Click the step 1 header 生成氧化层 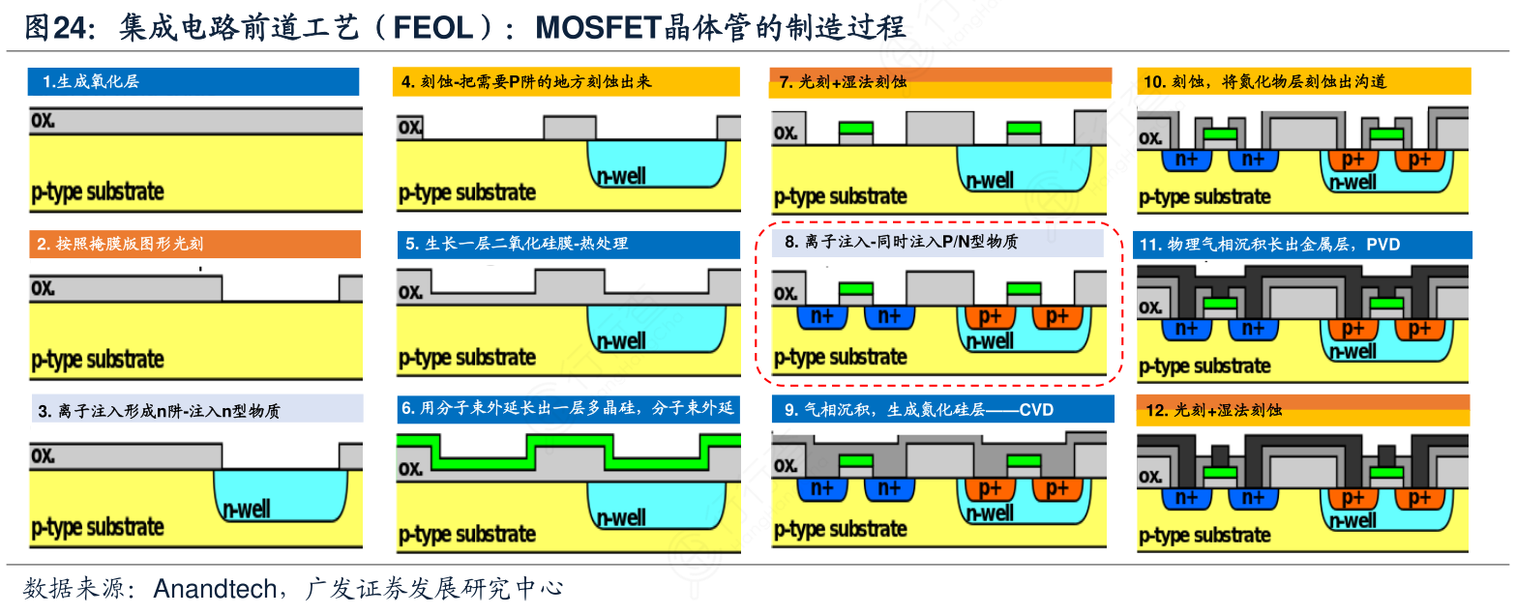click(x=92, y=82)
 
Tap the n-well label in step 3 click(x=247, y=509)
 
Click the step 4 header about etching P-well click(x=527, y=82)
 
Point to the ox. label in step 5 click(x=411, y=291)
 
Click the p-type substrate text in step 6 click(x=467, y=534)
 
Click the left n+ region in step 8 click(x=822, y=317)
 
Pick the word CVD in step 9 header click(x=1036, y=410)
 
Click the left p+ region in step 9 click(x=990, y=488)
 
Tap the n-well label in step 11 click(x=1353, y=351)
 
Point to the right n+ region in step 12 click(x=1254, y=498)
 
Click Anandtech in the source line click(x=215, y=588)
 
